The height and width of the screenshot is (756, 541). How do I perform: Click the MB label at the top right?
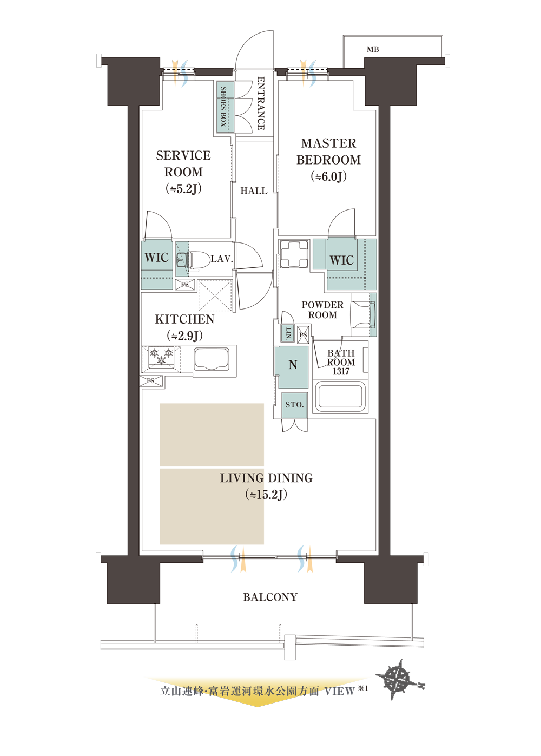[373, 50]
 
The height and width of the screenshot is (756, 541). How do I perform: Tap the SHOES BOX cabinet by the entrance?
[224, 107]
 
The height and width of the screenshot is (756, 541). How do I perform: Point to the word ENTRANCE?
[261, 103]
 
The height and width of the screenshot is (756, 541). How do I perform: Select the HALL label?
[254, 191]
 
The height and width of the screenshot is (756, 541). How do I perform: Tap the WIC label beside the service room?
[156, 257]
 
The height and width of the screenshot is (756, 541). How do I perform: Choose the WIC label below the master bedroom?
[341, 260]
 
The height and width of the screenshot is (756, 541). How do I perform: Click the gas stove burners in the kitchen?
[161, 357]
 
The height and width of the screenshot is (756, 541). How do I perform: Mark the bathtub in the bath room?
[340, 397]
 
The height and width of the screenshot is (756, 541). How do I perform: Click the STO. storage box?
[294, 405]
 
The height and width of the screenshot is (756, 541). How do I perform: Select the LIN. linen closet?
[288, 333]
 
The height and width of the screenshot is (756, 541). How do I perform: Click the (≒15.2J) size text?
[266, 495]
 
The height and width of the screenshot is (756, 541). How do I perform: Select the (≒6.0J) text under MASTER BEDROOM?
[329, 176]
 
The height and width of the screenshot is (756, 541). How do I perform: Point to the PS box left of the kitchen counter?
[151, 381]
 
